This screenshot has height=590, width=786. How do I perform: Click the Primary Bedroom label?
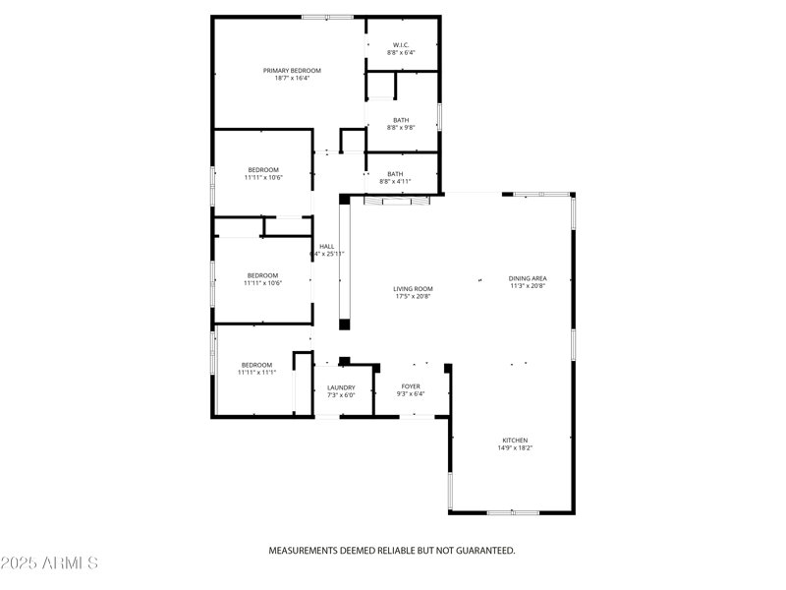292,71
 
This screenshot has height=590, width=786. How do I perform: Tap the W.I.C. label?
401,44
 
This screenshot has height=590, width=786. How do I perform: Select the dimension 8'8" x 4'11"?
395,182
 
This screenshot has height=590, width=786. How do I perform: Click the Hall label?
327,246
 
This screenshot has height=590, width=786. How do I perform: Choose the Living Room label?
414,288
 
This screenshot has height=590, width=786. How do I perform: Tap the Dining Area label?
528,278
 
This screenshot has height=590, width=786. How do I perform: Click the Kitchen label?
516,440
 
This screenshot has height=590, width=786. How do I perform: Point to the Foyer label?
411,386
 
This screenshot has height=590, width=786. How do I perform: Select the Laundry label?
341,387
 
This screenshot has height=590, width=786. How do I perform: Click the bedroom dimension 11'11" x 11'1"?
256,373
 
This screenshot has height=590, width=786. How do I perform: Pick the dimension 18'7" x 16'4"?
292,79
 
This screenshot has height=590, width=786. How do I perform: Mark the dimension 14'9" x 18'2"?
515,448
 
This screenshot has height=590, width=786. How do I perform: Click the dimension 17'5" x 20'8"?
414,296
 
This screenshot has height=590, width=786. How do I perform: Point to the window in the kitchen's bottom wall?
513,512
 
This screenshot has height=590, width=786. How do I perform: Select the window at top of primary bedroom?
327,17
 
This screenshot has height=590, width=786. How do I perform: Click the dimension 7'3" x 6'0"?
341,395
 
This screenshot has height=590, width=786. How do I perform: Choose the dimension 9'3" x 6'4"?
411,394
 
